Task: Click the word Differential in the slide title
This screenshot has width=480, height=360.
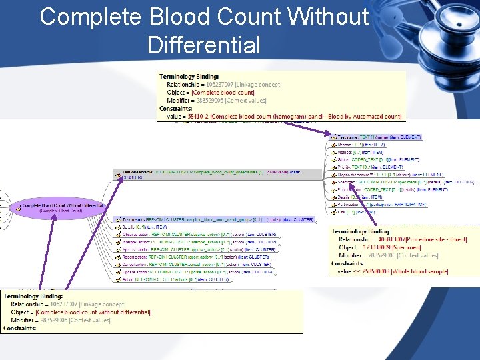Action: click(203, 45)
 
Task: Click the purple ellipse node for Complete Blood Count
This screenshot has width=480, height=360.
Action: click(61, 207)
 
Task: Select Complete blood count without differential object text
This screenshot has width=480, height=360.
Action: click(93, 312)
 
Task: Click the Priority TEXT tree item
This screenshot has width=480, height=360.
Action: click(373, 167)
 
